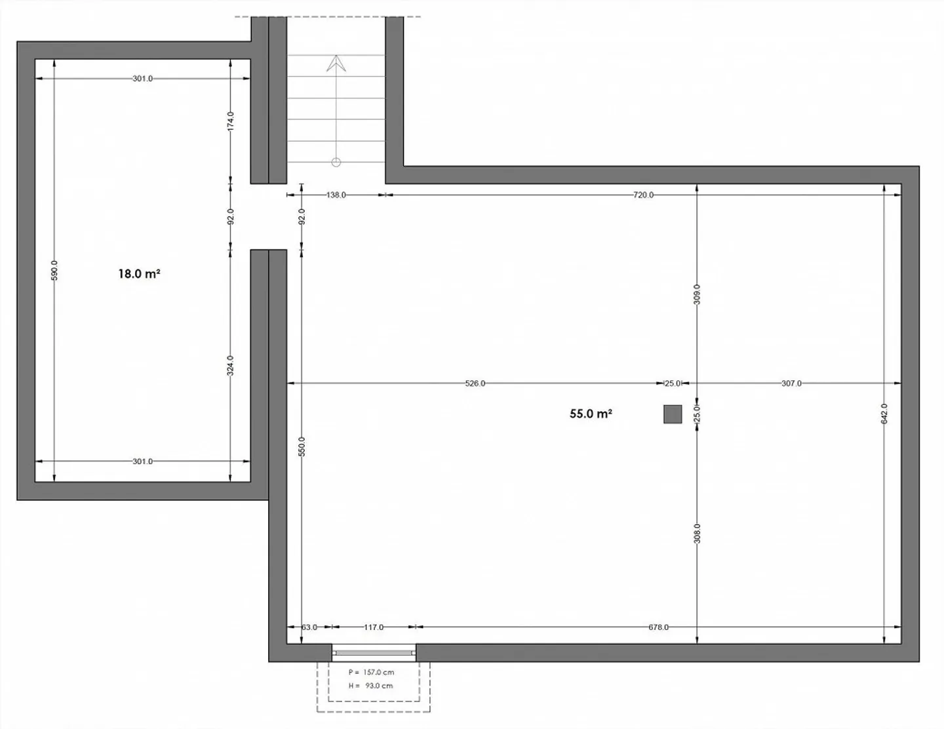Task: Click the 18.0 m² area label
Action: tap(139, 273)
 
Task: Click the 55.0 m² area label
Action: tap(591, 414)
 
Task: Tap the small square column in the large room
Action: tap(673, 414)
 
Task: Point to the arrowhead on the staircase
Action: tap(336, 64)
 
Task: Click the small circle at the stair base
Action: tap(336, 163)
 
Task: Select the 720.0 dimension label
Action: tap(643, 195)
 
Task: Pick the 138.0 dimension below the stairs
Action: tap(336, 195)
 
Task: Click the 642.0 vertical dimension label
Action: tap(884, 414)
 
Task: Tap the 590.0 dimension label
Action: tap(54, 270)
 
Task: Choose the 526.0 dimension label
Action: tap(475, 384)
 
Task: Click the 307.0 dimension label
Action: tap(791, 384)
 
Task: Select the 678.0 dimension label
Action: tap(659, 627)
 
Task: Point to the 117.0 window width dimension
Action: tap(374, 627)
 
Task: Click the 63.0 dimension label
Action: tap(309, 627)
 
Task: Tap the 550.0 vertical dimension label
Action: tap(302, 446)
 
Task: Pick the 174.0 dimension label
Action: tap(231, 121)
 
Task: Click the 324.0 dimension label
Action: tap(231, 366)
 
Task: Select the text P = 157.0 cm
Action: tap(372, 673)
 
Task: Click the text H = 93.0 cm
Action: tap(370, 686)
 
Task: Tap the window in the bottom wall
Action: tap(374, 652)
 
